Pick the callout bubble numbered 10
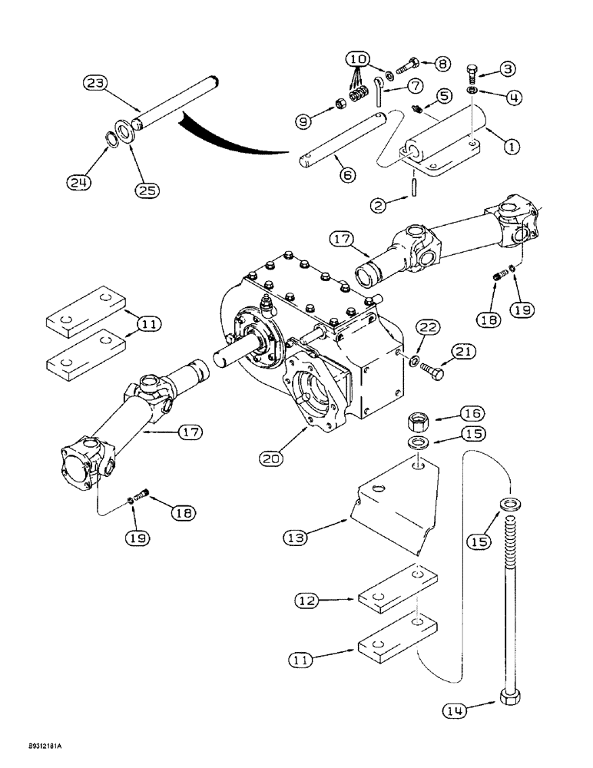(x=356, y=59)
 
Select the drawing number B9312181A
(x=36, y=745)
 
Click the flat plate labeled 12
(x=396, y=600)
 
